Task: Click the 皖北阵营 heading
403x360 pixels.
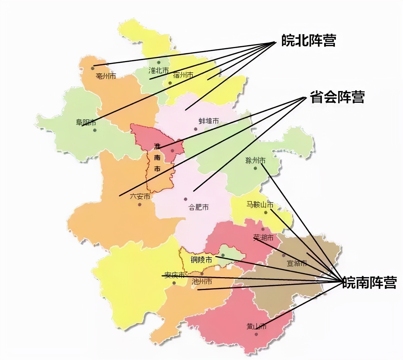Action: (308, 41)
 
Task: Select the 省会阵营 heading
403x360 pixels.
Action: (337, 97)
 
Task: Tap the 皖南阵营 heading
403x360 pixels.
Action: (369, 282)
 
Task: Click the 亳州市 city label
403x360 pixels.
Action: (106, 76)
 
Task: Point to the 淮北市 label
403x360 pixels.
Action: (159, 71)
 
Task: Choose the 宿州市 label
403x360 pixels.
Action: (183, 75)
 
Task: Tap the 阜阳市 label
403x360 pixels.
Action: (86, 122)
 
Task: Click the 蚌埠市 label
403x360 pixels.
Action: (209, 121)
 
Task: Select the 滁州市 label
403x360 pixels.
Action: (255, 160)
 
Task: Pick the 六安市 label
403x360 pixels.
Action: (140, 197)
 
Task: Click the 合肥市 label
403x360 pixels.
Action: (199, 207)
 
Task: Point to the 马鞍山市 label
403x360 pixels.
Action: (260, 205)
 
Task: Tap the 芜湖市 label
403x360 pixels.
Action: (263, 238)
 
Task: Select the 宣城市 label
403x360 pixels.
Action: (297, 263)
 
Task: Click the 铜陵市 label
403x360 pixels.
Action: (201, 259)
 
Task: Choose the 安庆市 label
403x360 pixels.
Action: (174, 275)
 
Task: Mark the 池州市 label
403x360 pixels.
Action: (202, 282)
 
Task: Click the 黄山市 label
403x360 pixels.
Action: (256, 326)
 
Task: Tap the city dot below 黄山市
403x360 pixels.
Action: (256, 334)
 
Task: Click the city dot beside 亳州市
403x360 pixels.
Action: (93, 68)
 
